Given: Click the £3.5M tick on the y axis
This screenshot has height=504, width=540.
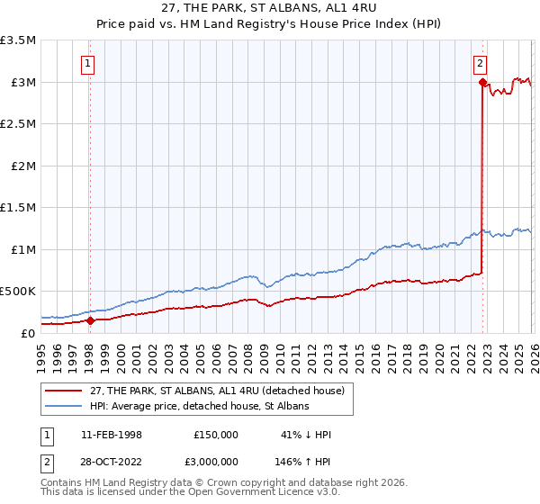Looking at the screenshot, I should pyautogui.click(x=18, y=40).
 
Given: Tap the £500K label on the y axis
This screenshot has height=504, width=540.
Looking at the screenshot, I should pyautogui.click(x=18, y=291).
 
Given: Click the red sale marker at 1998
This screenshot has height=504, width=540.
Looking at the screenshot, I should pyautogui.click(x=90, y=319).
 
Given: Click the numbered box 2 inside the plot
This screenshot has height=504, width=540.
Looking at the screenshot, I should pyautogui.click(x=481, y=63).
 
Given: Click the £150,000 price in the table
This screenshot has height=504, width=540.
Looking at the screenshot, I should pyautogui.click(x=216, y=435).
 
